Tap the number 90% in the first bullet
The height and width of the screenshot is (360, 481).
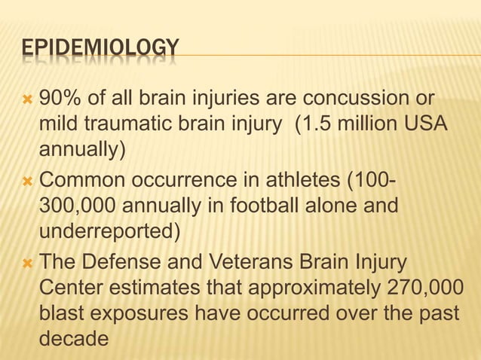click(57, 98)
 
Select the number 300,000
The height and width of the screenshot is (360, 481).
click(80, 206)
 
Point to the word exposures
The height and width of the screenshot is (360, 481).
click(144, 314)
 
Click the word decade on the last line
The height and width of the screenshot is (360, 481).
click(73, 339)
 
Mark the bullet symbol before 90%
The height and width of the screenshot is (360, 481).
click(28, 99)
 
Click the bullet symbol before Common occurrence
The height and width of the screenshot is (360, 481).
click(28, 182)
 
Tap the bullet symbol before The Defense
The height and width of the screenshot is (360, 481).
click(28, 264)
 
